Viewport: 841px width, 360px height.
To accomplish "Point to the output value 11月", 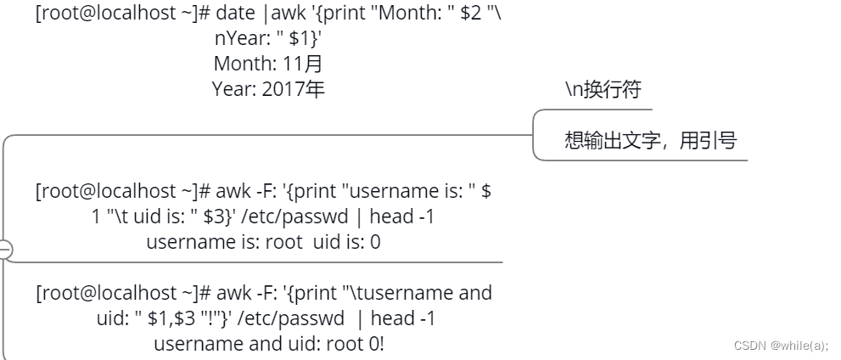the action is tap(300, 64).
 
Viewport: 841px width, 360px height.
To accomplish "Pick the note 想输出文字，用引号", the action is tap(650, 140).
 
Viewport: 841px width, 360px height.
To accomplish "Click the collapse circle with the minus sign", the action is tap(4, 250).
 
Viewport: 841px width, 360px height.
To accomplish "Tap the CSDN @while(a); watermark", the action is tap(781, 346).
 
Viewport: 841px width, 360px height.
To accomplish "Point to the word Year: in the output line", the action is tap(231, 88).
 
